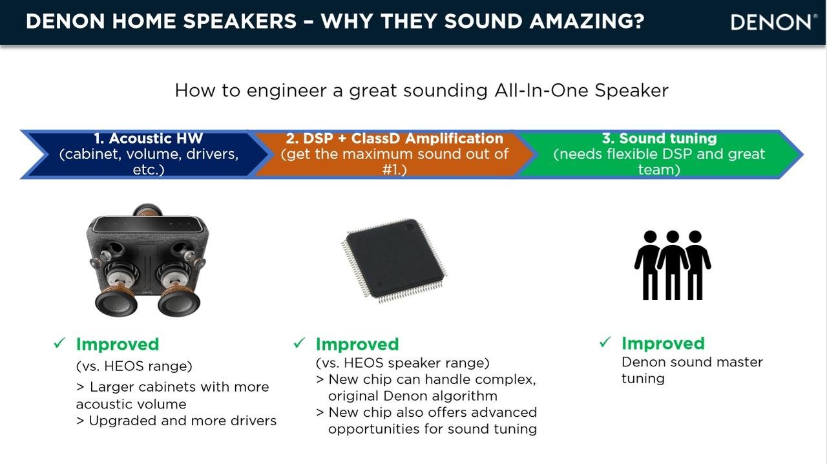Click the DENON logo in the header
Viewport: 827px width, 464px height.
771,22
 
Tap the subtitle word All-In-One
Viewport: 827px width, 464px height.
541,90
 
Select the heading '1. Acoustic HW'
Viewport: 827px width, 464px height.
149,138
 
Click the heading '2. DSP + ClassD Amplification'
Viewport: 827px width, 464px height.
394,138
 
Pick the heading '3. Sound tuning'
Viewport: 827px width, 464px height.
659,138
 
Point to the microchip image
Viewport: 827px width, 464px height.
394,260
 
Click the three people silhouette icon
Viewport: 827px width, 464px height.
673,265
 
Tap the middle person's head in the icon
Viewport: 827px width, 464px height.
673,237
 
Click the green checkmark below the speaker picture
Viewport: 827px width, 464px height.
59,343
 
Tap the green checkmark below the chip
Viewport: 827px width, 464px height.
299,343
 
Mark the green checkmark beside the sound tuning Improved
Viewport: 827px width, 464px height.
605,342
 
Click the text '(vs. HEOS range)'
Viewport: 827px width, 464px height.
134,366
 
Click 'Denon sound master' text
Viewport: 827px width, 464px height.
692,362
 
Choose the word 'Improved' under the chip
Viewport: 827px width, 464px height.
357,344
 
